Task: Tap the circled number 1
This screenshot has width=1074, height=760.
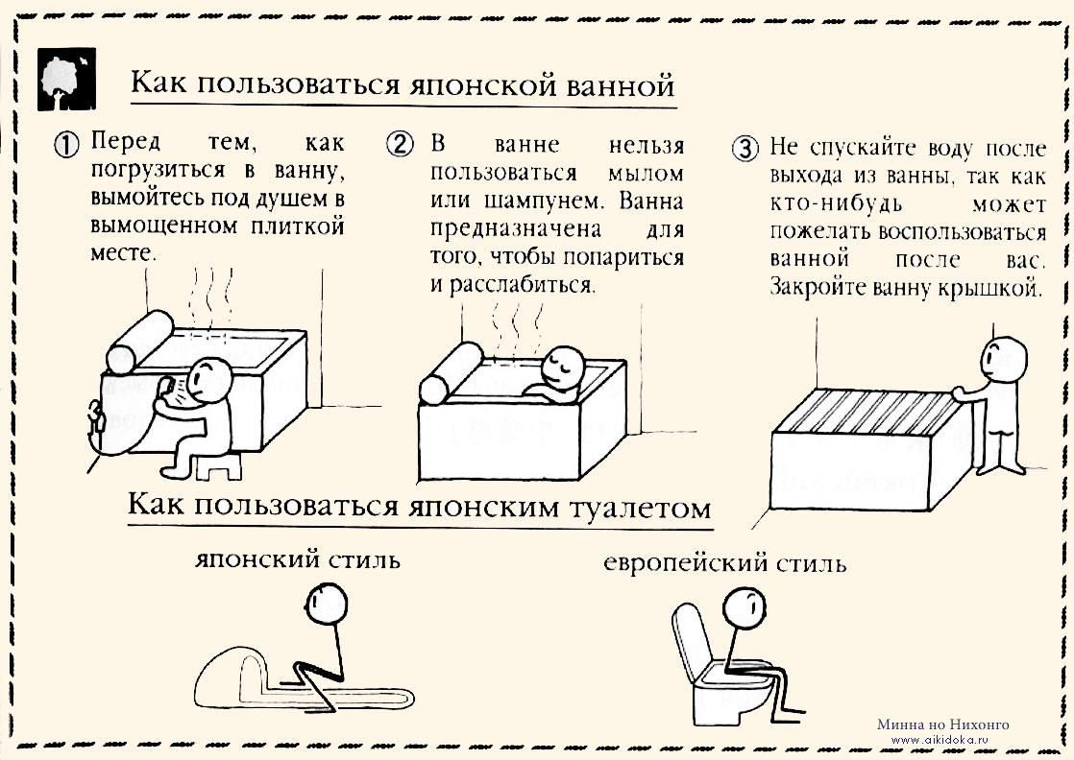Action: pos(67,146)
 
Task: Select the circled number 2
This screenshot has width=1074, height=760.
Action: pos(400,146)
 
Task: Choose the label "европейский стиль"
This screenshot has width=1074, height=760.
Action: pos(725,562)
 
